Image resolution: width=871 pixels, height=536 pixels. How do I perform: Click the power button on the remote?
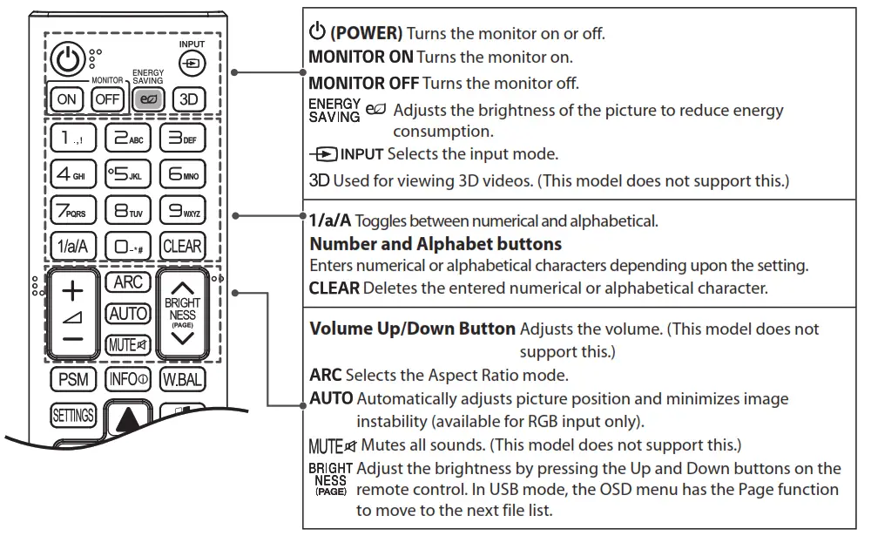[x=67, y=61]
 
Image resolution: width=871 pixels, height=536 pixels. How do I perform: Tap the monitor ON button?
[x=67, y=98]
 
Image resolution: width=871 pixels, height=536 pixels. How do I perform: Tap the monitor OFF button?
[x=107, y=98]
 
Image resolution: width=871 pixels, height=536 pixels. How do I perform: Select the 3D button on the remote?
[x=188, y=98]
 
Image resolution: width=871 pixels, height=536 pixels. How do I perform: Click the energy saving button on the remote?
[x=146, y=98]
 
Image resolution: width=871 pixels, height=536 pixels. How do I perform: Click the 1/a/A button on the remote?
[x=71, y=246]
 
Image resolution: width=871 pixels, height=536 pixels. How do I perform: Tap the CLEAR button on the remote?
[x=182, y=246]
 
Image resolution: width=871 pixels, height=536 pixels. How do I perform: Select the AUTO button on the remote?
[x=127, y=314]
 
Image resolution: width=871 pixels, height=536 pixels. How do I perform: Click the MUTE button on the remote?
[x=127, y=344]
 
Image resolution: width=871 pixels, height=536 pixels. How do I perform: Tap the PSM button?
[x=73, y=380]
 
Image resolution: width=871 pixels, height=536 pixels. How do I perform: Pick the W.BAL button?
[x=181, y=380]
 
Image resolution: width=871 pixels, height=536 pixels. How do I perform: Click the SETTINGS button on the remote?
[x=73, y=416]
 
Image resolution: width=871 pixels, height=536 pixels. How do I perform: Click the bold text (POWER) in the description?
[x=366, y=34]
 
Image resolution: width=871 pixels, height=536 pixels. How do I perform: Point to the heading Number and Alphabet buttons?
[x=435, y=243]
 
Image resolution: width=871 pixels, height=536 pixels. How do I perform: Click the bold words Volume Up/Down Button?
[x=413, y=329]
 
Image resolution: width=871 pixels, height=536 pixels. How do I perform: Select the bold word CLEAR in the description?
[x=334, y=287]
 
